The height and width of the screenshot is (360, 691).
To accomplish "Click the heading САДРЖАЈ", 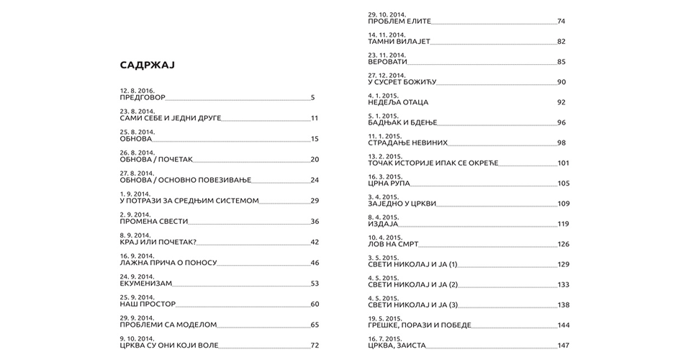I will pos(148,66).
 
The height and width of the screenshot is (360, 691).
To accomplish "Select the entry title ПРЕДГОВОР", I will pos(143,97).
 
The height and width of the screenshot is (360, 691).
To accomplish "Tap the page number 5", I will pos(313,97).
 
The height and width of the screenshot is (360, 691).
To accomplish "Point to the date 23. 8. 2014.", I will pos(137,112).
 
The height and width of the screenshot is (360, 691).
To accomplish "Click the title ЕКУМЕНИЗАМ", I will pos(146,284).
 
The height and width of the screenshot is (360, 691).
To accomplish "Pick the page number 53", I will pos(315,284).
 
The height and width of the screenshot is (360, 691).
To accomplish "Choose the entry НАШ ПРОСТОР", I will pos(148,305).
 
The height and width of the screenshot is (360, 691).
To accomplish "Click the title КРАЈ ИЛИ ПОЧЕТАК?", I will pos(158,242).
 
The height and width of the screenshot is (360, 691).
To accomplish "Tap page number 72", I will pos(315,346).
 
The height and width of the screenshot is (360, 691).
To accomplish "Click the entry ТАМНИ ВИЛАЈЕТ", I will pos(399,41).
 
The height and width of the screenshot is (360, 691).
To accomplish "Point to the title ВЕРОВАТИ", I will pos(387,62).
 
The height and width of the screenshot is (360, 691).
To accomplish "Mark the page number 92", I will pos(561,102).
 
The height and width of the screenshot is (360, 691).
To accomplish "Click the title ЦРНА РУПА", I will pos(389,184).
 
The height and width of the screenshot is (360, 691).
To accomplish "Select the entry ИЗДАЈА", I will pos(383,224).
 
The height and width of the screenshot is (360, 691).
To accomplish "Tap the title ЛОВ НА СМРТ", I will pos(393,244).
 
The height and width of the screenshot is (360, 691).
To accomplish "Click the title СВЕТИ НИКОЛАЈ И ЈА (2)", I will pos(412,285).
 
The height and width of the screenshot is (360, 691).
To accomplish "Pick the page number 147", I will pos(563,346).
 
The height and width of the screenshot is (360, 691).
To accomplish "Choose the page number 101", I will pos(563,163).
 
